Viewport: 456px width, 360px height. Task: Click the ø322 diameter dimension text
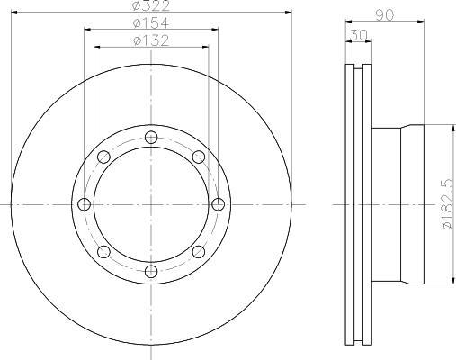pos(151,5)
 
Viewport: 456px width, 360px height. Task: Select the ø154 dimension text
pos(151,22)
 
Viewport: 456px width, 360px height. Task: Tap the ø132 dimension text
pos(151,40)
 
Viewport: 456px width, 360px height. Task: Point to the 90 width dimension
pos(385,15)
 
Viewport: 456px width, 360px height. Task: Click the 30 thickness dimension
pos(359,35)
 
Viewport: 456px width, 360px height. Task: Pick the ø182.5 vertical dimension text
pos(448,204)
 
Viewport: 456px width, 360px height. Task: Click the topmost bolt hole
pos(151,138)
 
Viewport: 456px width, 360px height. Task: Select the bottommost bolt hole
pos(151,272)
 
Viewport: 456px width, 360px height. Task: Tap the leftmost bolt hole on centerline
pos(84,204)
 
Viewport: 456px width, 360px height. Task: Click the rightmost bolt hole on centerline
pos(218,204)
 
